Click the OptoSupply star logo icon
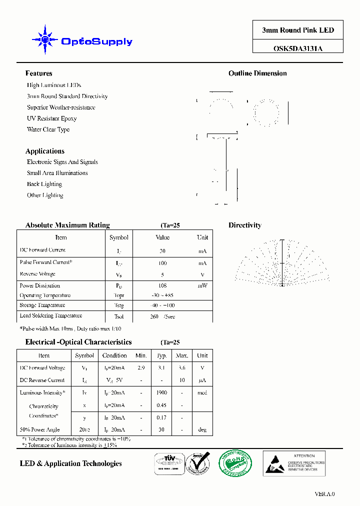coord(45,39)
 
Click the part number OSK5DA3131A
coord(297,48)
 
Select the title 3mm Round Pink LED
coord(297,30)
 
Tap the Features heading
coord(38,73)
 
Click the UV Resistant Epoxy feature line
coord(51,118)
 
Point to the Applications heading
coord(45,151)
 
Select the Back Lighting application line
coord(44,184)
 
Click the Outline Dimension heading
coord(257,73)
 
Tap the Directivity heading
coord(245,225)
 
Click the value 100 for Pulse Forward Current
coord(162,263)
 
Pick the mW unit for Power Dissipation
coord(202,286)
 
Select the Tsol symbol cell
coord(118,317)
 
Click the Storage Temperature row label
coord(42,305)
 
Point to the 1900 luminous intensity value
coord(161,393)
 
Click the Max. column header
coord(182,355)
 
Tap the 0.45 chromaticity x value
coord(161,405)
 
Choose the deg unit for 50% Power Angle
coord(202,429)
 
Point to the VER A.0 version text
coord(324,494)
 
